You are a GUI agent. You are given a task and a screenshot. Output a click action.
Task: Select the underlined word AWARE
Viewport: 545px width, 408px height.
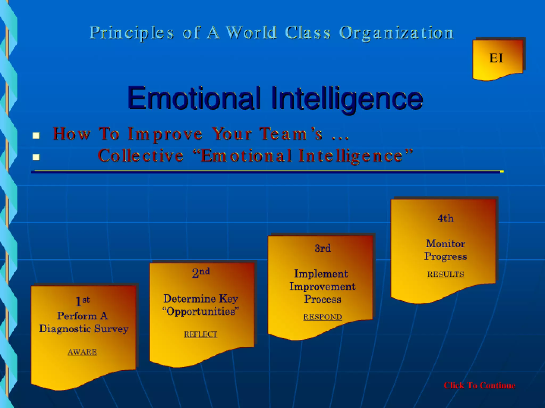[x=82, y=352]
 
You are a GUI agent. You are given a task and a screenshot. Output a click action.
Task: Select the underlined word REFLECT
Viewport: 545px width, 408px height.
[x=201, y=334]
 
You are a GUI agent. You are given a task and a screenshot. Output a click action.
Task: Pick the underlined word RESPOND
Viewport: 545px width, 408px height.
[x=323, y=317]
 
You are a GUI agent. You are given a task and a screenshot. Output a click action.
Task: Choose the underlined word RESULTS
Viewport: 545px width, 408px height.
[x=445, y=274]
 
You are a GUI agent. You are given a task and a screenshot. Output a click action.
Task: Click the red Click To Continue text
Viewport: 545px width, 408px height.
[x=479, y=385]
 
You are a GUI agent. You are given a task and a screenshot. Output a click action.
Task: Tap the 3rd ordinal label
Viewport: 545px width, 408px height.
[x=323, y=248]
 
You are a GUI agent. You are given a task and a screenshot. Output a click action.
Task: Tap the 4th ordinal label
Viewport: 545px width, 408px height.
[x=445, y=218]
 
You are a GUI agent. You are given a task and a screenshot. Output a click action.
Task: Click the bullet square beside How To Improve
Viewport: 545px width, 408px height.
[x=36, y=136]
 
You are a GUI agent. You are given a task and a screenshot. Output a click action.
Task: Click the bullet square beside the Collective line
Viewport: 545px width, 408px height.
[x=36, y=157]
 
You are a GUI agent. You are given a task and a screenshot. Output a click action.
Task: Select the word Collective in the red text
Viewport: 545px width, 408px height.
[x=141, y=156]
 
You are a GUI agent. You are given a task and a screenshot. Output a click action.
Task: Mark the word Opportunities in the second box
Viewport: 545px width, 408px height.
[x=201, y=311]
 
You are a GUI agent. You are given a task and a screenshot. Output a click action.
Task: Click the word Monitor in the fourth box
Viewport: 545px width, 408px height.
[x=445, y=244]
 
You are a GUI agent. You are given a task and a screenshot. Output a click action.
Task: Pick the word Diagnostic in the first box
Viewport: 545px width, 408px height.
[x=65, y=329]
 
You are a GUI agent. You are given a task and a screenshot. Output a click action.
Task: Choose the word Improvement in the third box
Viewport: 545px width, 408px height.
[x=323, y=286]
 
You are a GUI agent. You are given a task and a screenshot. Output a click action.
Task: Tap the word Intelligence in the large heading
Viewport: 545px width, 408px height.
[x=347, y=98]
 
